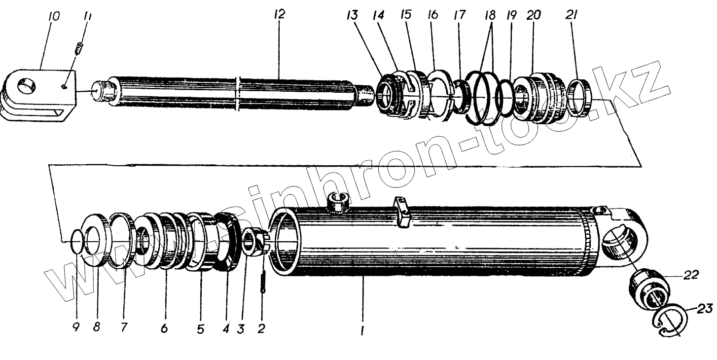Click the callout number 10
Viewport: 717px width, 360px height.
pyautogui.click(x=54, y=17)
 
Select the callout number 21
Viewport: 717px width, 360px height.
pyautogui.click(x=574, y=15)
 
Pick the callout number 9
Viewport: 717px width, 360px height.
pyautogui.click(x=76, y=327)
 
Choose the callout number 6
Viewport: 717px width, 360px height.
pyautogui.click(x=164, y=328)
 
